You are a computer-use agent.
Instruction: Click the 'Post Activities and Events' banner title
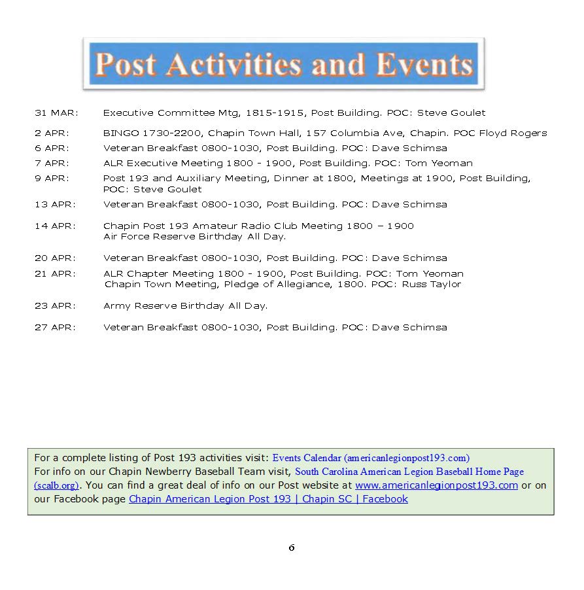pyautogui.click(x=283, y=64)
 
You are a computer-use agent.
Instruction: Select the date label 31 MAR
pyautogui.click(x=56, y=113)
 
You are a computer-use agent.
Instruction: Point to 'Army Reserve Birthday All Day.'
pyautogui.click(x=185, y=305)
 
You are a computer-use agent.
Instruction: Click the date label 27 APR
pyautogui.click(x=55, y=327)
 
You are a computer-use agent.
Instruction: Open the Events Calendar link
pyautogui.click(x=371, y=458)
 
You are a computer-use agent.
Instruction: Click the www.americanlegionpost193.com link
pyautogui.click(x=436, y=485)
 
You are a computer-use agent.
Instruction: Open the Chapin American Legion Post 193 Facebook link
pyautogui.click(x=268, y=499)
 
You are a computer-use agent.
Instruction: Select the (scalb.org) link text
pyautogui.click(x=56, y=485)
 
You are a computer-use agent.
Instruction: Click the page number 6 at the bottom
pyautogui.click(x=292, y=547)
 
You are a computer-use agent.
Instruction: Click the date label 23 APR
pyautogui.click(x=55, y=305)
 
